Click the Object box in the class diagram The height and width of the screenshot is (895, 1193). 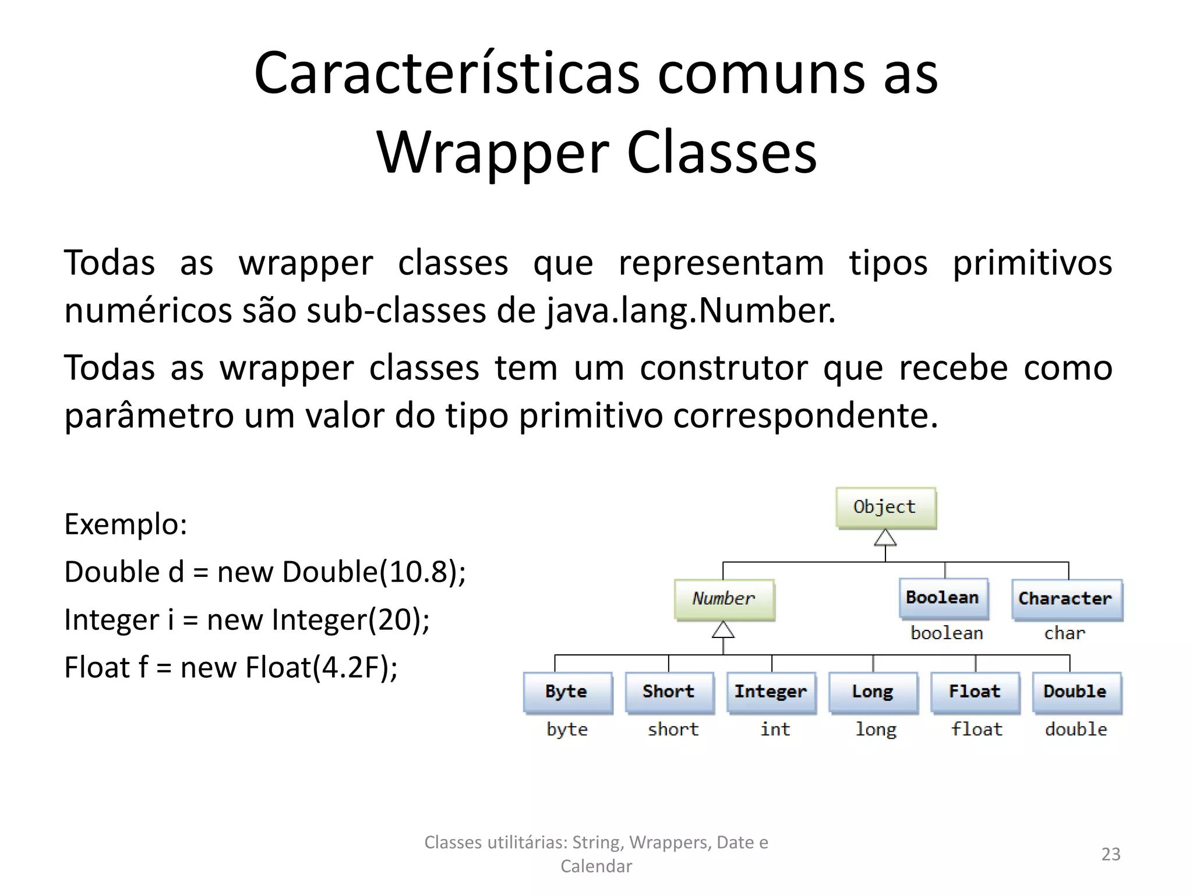[885, 508]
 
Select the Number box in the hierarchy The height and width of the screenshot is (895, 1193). [724, 599]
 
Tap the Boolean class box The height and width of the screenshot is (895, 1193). [943, 598]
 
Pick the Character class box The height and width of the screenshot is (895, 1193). [1066, 599]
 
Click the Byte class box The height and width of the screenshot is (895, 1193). [567, 692]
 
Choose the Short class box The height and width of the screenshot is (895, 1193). [669, 692]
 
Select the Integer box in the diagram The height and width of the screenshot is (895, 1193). [771, 692]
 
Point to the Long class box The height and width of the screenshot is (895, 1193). [873, 692]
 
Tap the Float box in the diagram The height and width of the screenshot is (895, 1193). [975, 692]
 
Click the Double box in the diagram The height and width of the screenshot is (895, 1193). [1076, 692]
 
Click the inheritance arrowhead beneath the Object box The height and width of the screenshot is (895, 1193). [885, 538]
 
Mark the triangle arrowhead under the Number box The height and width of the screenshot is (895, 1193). [723, 630]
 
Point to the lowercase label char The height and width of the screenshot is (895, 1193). [1065, 633]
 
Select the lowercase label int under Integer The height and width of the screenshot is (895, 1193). [775, 730]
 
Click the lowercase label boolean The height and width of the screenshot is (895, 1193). [947, 633]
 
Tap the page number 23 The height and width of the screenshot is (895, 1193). [1110, 854]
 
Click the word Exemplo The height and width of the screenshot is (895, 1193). [125, 524]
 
